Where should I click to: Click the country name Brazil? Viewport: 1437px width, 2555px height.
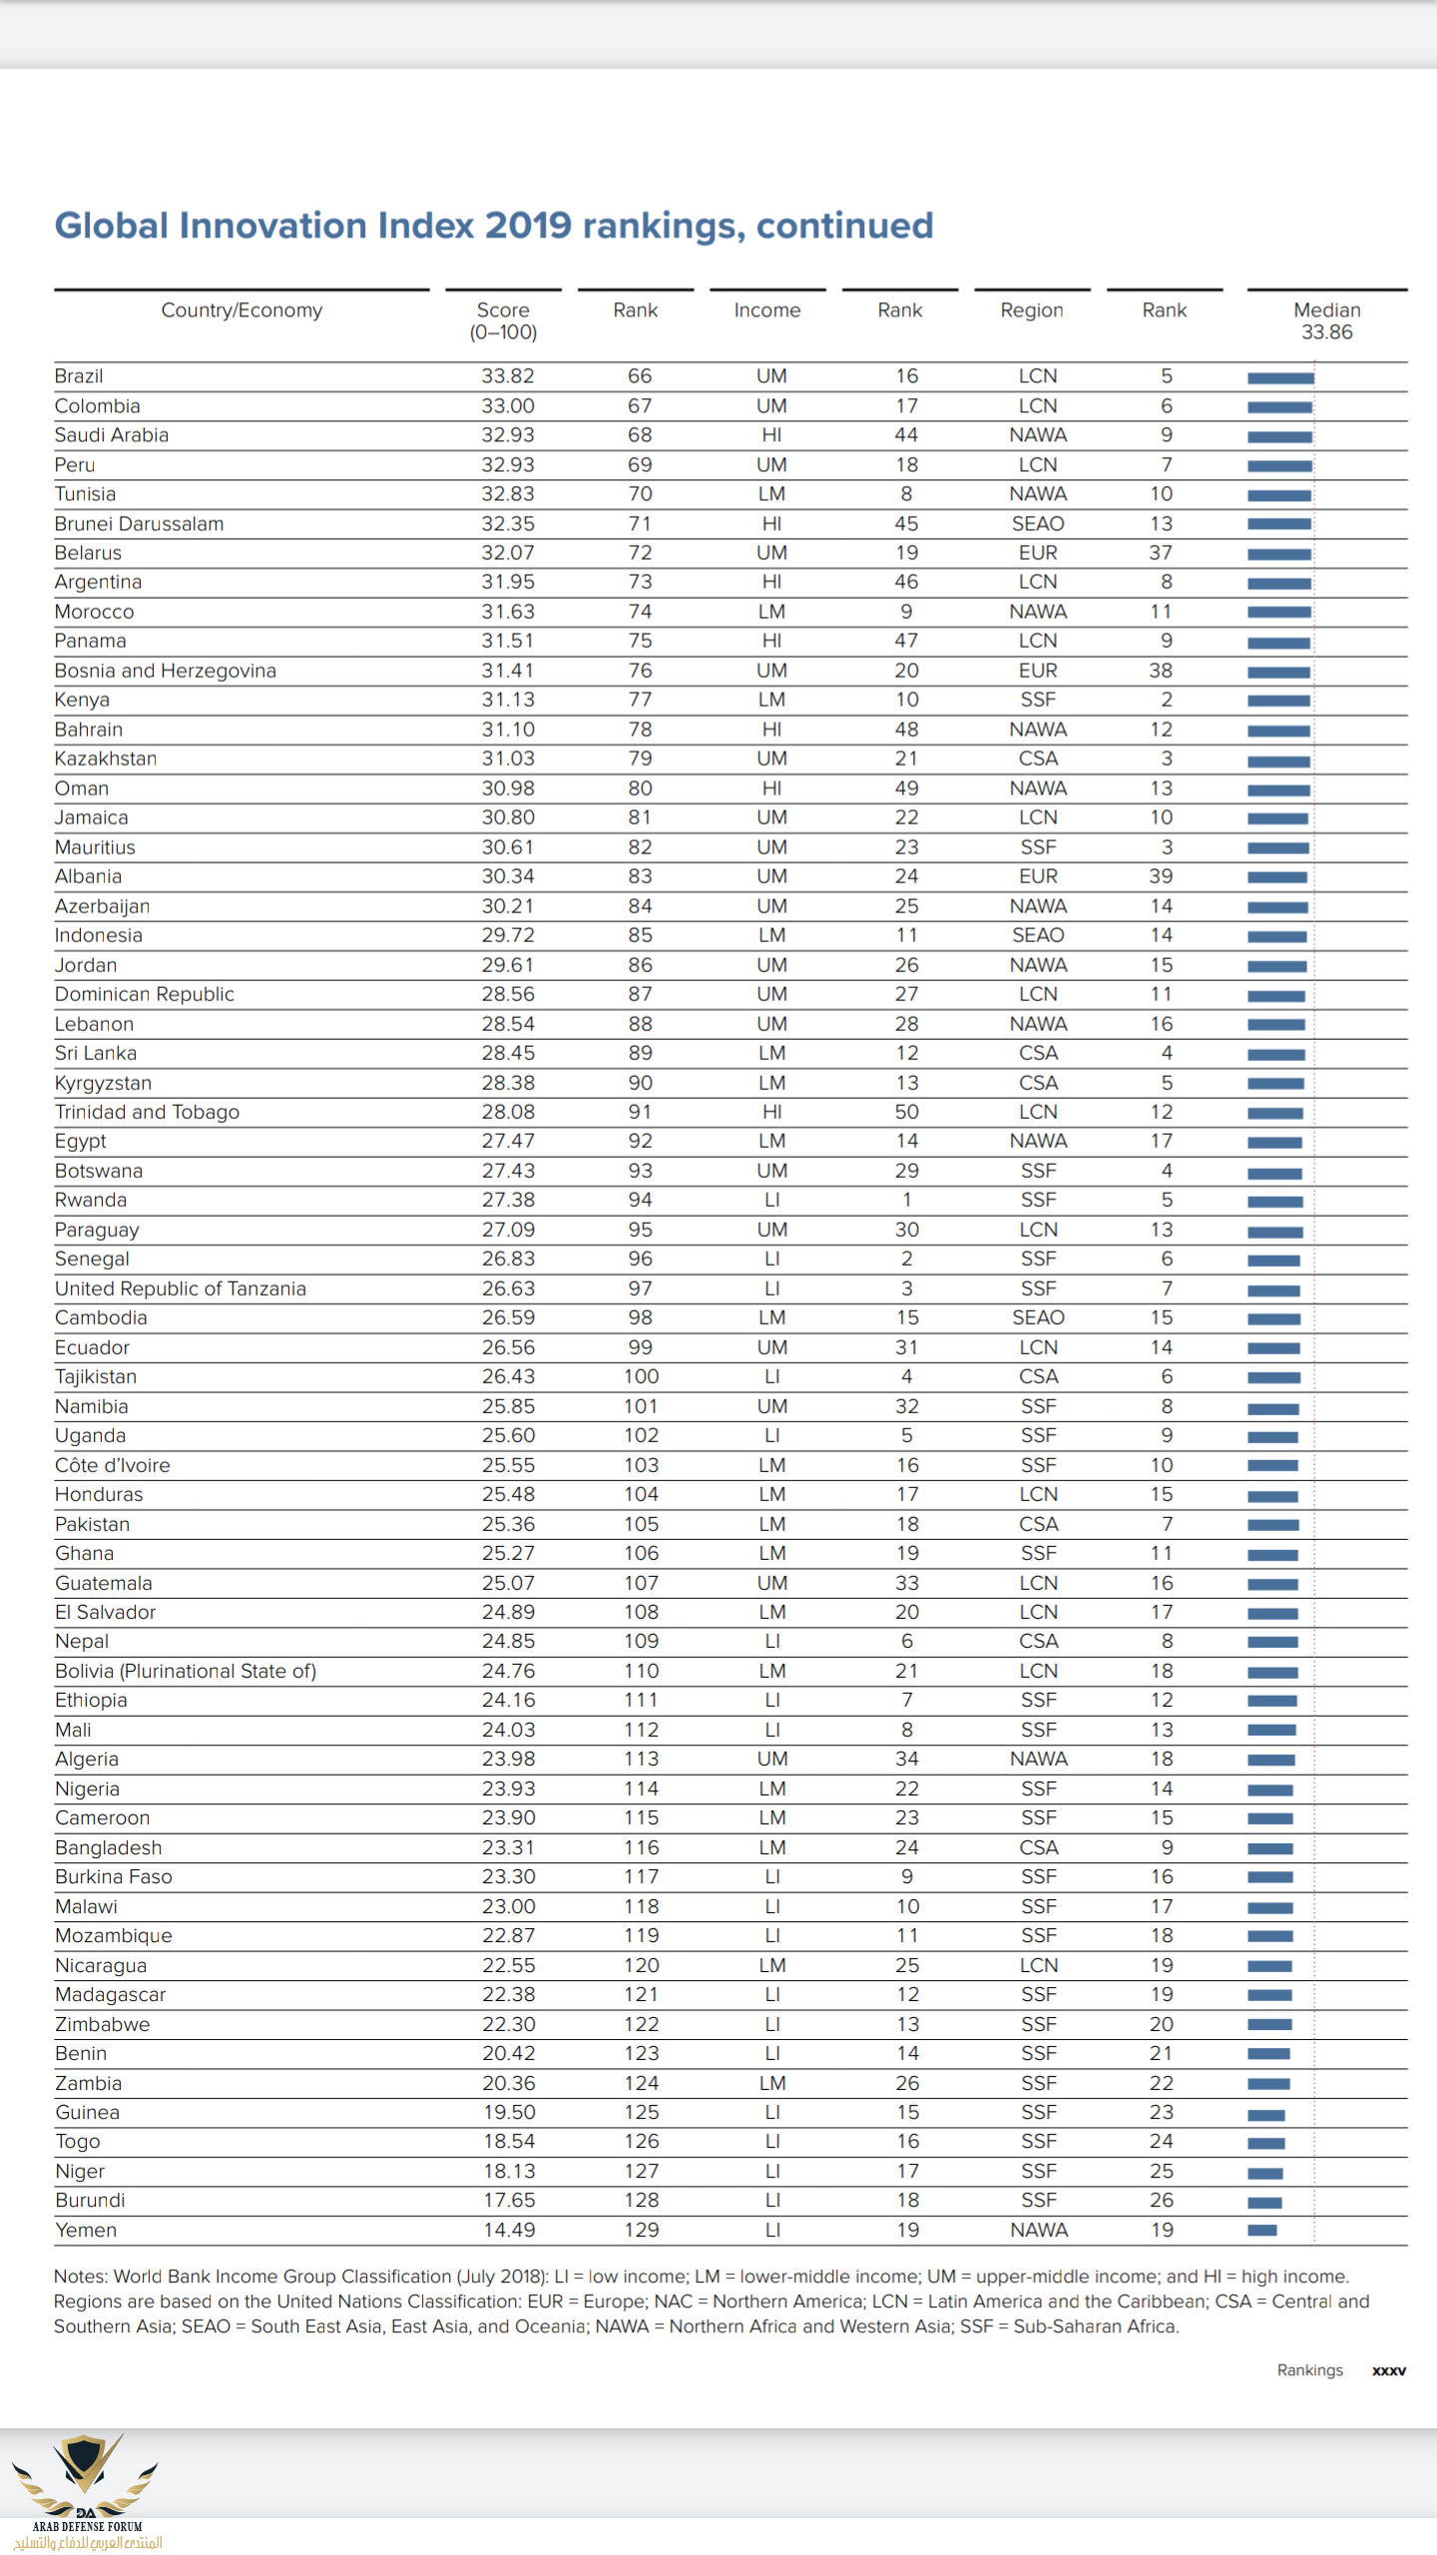point(79,376)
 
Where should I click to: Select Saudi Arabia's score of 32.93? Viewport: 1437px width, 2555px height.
point(508,435)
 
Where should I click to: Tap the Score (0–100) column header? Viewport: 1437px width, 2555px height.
point(503,321)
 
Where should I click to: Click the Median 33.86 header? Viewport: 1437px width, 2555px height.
point(1326,321)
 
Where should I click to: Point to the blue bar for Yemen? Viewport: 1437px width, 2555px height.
point(1262,2231)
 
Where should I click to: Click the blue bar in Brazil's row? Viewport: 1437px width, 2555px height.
point(1280,378)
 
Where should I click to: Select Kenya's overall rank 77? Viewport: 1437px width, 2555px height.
point(640,700)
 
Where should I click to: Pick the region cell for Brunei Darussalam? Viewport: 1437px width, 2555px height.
point(1038,524)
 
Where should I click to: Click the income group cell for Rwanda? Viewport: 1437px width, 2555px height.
point(771,1200)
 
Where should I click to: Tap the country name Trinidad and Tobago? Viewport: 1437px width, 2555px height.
point(147,1112)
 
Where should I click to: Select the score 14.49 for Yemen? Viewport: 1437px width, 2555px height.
point(508,2230)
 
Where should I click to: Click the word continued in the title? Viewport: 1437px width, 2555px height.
point(844,226)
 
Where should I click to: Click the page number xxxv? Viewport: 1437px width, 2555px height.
point(1388,2370)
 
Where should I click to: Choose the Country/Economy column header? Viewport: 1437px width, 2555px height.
point(241,310)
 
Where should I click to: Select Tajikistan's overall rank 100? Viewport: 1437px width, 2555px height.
point(641,1376)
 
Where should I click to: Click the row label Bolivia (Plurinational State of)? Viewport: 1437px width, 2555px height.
point(186,1671)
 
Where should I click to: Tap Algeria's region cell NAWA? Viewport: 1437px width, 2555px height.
point(1038,1759)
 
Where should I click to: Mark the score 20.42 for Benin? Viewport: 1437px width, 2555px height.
point(508,2053)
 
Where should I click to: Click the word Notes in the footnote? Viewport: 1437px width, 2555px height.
point(80,2277)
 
